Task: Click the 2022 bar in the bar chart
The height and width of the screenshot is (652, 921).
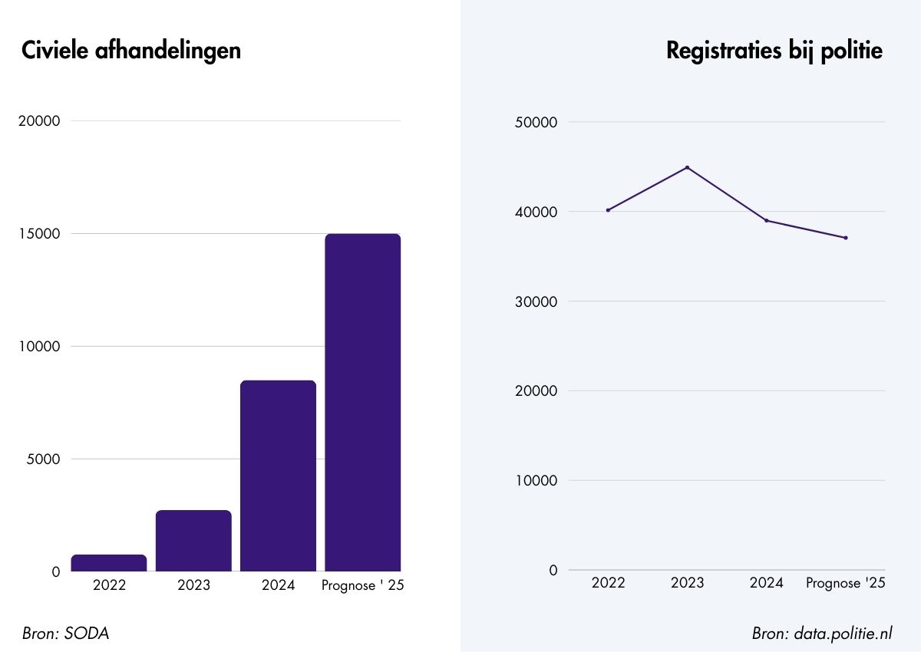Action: click(109, 563)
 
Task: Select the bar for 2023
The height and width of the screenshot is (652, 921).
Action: click(193, 541)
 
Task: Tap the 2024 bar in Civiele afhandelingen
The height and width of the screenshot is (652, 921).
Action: click(278, 476)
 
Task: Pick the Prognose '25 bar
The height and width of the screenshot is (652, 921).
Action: click(362, 403)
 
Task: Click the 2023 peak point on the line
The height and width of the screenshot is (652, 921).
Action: click(687, 167)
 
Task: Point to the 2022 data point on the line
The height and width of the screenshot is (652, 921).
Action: click(608, 210)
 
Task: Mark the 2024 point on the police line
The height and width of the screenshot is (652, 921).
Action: click(766, 221)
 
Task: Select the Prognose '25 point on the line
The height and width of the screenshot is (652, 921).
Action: click(845, 238)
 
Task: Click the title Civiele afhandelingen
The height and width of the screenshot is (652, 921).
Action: click(131, 51)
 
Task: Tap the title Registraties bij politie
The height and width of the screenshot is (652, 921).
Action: click(774, 51)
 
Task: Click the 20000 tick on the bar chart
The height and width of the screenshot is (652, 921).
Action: click(38, 121)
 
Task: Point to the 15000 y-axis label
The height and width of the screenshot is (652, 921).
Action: click(38, 234)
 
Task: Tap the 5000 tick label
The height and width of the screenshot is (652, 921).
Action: click(45, 459)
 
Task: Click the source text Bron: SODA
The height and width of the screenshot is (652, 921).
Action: click(66, 634)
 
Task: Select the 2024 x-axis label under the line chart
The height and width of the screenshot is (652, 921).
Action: click(766, 584)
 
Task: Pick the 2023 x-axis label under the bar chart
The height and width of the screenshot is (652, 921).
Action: click(193, 586)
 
